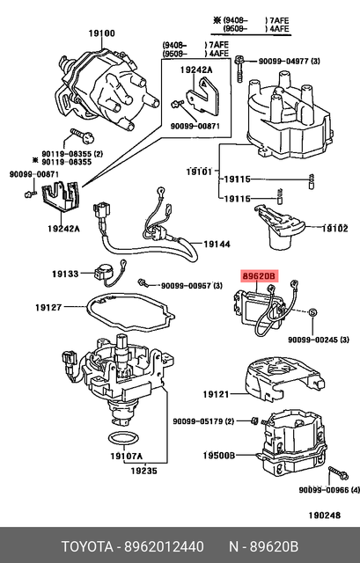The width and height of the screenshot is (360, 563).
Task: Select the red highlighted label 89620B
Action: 260,275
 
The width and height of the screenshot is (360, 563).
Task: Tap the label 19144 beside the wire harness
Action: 217,244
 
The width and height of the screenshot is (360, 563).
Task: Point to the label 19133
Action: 73,274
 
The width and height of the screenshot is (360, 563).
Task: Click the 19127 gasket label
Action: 49,307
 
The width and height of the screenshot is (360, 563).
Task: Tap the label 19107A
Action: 127,456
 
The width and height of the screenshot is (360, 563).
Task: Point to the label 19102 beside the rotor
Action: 334,228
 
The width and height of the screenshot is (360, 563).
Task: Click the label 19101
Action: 199,171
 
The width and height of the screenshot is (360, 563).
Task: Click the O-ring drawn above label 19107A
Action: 122,437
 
